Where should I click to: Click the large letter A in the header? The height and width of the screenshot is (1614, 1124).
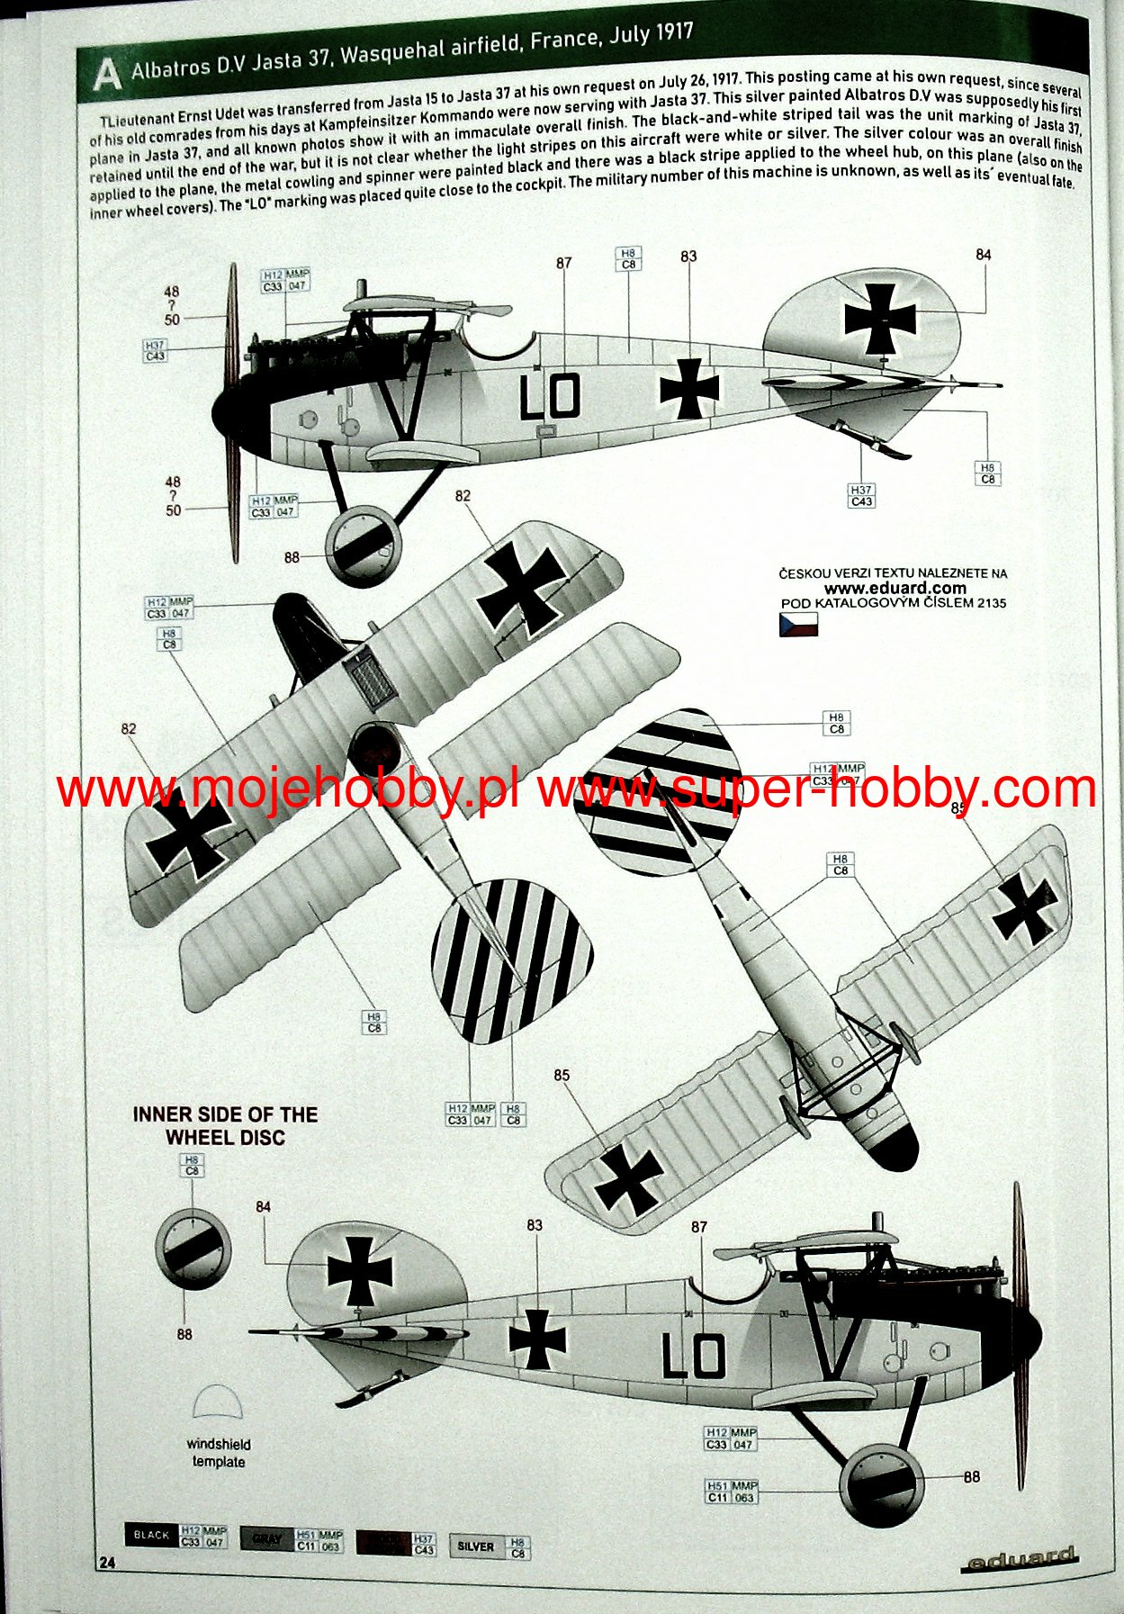(x=106, y=75)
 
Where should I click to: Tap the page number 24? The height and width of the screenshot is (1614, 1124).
(x=106, y=1563)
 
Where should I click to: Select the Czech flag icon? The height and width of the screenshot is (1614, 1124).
(x=798, y=624)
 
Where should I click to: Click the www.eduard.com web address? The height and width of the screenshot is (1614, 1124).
(x=895, y=589)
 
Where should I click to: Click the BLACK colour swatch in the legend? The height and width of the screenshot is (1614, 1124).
(x=151, y=1535)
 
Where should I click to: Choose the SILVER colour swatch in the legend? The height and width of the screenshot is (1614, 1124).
(x=476, y=1546)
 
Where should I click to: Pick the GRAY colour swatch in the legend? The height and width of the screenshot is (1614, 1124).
(x=267, y=1538)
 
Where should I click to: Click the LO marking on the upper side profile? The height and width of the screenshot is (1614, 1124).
(x=549, y=397)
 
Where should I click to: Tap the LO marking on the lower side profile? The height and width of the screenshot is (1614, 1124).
(x=693, y=1357)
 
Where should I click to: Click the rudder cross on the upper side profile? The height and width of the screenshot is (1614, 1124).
(x=880, y=319)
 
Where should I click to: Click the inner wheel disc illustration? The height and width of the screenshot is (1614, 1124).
(x=192, y=1249)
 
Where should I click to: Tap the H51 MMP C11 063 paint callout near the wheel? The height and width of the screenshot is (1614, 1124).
(x=732, y=1492)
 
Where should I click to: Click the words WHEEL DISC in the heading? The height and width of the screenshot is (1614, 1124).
(x=225, y=1138)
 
